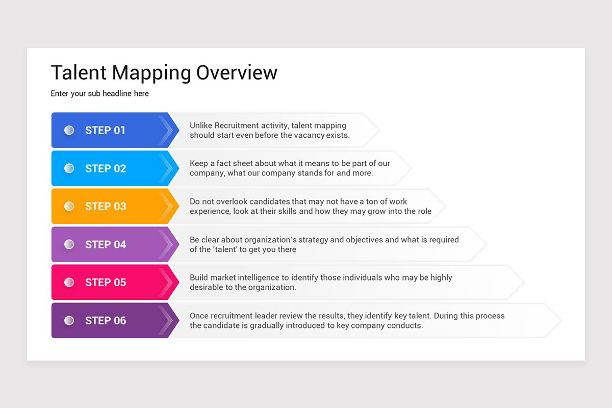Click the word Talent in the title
click(79, 72)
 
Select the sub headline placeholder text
click(99, 94)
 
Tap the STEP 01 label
click(105, 131)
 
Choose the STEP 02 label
click(105, 168)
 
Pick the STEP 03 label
click(105, 207)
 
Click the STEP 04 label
click(105, 245)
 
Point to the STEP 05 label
click(105, 283)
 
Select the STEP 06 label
click(105, 321)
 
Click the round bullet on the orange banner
click(69, 207)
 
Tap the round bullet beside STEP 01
click(69, 131)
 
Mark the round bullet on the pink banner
click(69, 283)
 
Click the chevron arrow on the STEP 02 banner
click(166, 168)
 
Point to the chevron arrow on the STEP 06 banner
click(166, 321)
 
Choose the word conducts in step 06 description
click(405, 325)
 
